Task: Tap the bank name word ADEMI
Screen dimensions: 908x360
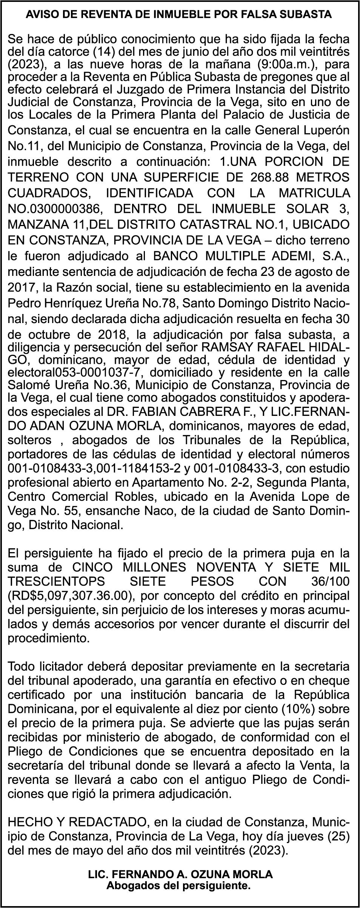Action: click(299, 256)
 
